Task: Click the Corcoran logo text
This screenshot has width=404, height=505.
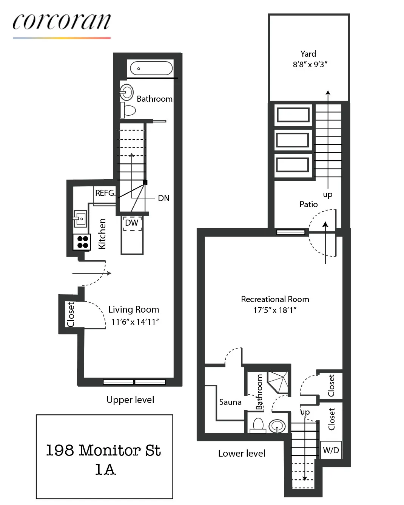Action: pos(62,22)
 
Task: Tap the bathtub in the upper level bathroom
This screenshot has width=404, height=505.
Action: pos(151,68)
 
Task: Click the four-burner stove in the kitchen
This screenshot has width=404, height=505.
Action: pos(82,242)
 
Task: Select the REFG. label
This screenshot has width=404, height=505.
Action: pos(105,193)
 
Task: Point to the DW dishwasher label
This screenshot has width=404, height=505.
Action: pos(131,223)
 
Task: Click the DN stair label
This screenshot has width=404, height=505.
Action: pos(163,198)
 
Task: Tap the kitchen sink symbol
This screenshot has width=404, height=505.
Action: pos(80,218)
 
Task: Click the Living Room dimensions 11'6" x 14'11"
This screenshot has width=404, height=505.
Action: pos(135,322)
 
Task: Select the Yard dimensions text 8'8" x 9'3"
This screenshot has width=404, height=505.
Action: pos(310,64)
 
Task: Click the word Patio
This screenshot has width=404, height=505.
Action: pos(308,204)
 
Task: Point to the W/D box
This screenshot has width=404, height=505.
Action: pos(331,450)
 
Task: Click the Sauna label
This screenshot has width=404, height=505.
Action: pos(230,402)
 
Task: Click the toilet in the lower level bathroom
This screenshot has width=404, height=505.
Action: pos(258,424)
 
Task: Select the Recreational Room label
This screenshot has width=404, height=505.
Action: pos(275,299)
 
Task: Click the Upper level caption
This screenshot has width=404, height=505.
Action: pos(130,400)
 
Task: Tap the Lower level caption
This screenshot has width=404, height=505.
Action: pos(242,453)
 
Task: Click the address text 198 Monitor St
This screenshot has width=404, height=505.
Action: pos(103,450)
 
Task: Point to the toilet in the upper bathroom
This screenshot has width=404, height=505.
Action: pos(128,110)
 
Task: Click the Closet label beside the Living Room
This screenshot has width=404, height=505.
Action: pos(71,314)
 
